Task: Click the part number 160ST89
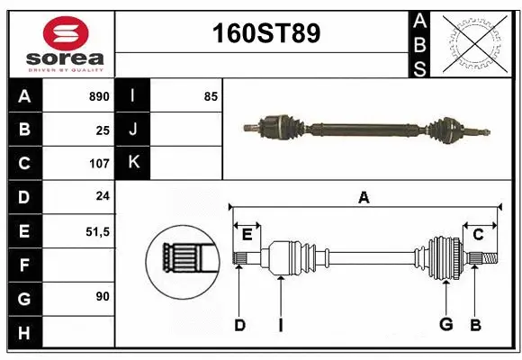click(x=265, y=33)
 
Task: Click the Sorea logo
click(x=61, y=41)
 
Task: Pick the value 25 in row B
click(x=102, y=130)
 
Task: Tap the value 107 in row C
click(x=98, y=164)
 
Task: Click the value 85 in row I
click(x=211, y=96)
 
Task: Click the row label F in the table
click(x=23, y=265)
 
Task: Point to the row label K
click(x=133, y=163)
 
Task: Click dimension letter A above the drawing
click(x=364, y=197)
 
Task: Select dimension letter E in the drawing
click(x=247, y=235)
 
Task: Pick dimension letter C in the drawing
click(x=479, y=235)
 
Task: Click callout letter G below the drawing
click(x=445, y=324)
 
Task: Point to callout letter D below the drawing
click(x=239, y=324)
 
